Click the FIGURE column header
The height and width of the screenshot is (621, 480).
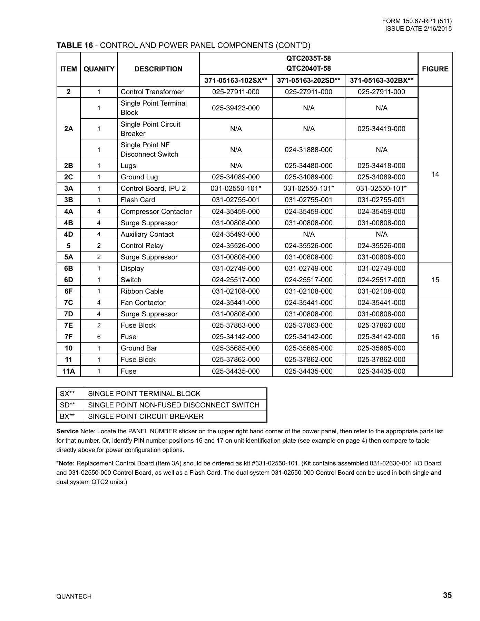[x=435, y=69]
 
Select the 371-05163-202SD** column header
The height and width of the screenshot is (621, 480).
[x=308, y=80]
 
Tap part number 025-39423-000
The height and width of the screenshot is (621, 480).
[x=236, y=108]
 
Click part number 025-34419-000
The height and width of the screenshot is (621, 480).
[x=381, y=129]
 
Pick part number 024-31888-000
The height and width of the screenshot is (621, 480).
[x=308, y=150]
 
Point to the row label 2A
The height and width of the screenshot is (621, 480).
[x=69, y=129]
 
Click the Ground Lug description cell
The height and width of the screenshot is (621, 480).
[x=139, y=177]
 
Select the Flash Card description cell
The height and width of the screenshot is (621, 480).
[x=138, y=200]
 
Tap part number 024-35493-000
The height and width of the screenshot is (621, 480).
[x=236, y=234]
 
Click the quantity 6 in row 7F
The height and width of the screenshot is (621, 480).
[x=99, y=337]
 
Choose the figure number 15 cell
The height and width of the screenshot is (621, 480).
[x=435, y=280]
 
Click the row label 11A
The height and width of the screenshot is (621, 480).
[x=69, y=371]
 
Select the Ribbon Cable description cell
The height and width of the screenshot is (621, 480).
[x=142, y=291]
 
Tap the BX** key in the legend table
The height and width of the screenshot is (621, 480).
[x=67, y=416]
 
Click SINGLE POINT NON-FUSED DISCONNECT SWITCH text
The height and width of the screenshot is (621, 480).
[x=174, y=405]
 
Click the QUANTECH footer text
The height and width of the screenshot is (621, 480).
[x=74, y=597]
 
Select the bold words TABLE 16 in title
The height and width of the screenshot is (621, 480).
[x=75, y=46]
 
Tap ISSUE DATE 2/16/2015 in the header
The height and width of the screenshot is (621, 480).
[x=418, y=29]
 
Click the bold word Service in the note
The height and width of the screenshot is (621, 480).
[x=67, y=431]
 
